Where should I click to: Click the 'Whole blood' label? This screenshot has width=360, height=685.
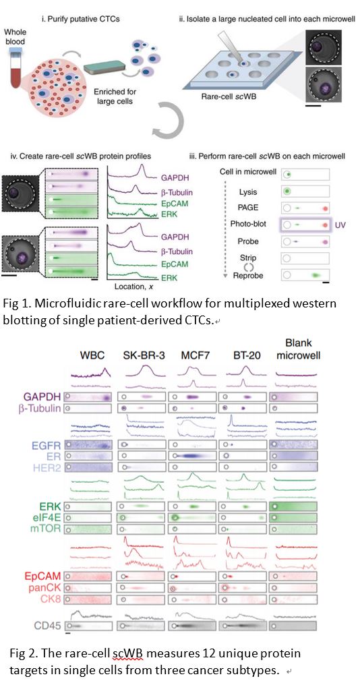pos(16,37)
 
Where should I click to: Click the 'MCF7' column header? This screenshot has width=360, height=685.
pos(192,355)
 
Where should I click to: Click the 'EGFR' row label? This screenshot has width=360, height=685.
pos(45,445)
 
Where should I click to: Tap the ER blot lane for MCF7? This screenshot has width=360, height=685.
pos(192,456)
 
